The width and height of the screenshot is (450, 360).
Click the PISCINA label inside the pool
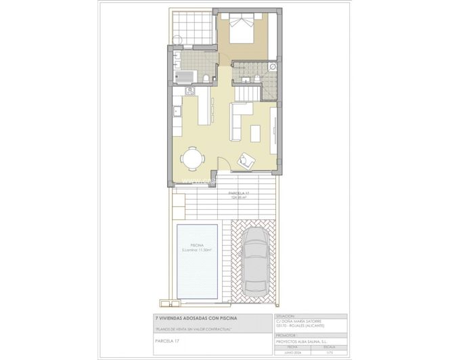coord(198,245)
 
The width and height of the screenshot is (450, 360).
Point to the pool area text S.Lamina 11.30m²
coord(198,250)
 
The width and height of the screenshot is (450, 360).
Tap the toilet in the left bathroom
coord(204,80)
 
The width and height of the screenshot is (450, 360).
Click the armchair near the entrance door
coord(245,160)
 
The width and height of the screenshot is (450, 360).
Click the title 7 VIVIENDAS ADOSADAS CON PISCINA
coord(196,317)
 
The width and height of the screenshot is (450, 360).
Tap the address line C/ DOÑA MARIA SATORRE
coord(302,321)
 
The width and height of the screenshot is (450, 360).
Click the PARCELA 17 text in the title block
coord(168,350)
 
